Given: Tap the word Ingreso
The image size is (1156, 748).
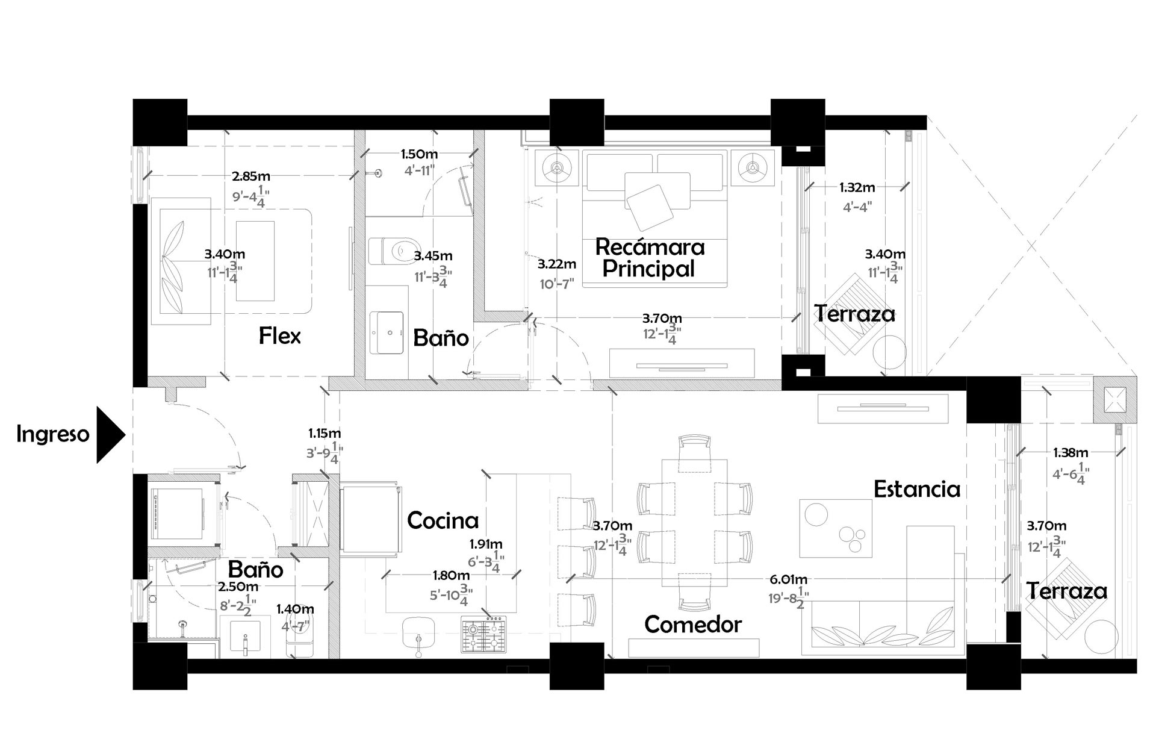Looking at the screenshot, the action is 53,434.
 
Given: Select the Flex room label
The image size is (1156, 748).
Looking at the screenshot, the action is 280,336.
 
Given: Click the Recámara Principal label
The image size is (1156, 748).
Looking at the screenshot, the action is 650,258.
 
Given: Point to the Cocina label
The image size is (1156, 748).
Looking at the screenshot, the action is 443,520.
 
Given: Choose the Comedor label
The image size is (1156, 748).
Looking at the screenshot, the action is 692,625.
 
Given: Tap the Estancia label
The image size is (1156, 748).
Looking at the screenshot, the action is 916,489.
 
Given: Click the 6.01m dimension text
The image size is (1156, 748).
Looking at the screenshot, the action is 789,579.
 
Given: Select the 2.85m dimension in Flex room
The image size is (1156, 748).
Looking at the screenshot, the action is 251,176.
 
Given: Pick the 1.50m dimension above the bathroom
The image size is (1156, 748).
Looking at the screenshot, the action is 419,155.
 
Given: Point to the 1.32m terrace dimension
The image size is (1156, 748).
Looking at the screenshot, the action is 857,188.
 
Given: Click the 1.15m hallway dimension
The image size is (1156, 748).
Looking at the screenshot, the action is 325,433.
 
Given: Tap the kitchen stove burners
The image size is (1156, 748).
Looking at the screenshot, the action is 483,635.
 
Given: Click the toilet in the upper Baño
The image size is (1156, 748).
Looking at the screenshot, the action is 394,251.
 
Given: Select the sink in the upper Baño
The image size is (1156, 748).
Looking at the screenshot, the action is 387,332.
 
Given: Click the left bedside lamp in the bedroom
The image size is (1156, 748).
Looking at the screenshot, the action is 558,167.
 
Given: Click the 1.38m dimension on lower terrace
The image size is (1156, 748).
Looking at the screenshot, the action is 1071,452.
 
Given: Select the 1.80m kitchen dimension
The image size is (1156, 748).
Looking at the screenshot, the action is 451,576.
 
